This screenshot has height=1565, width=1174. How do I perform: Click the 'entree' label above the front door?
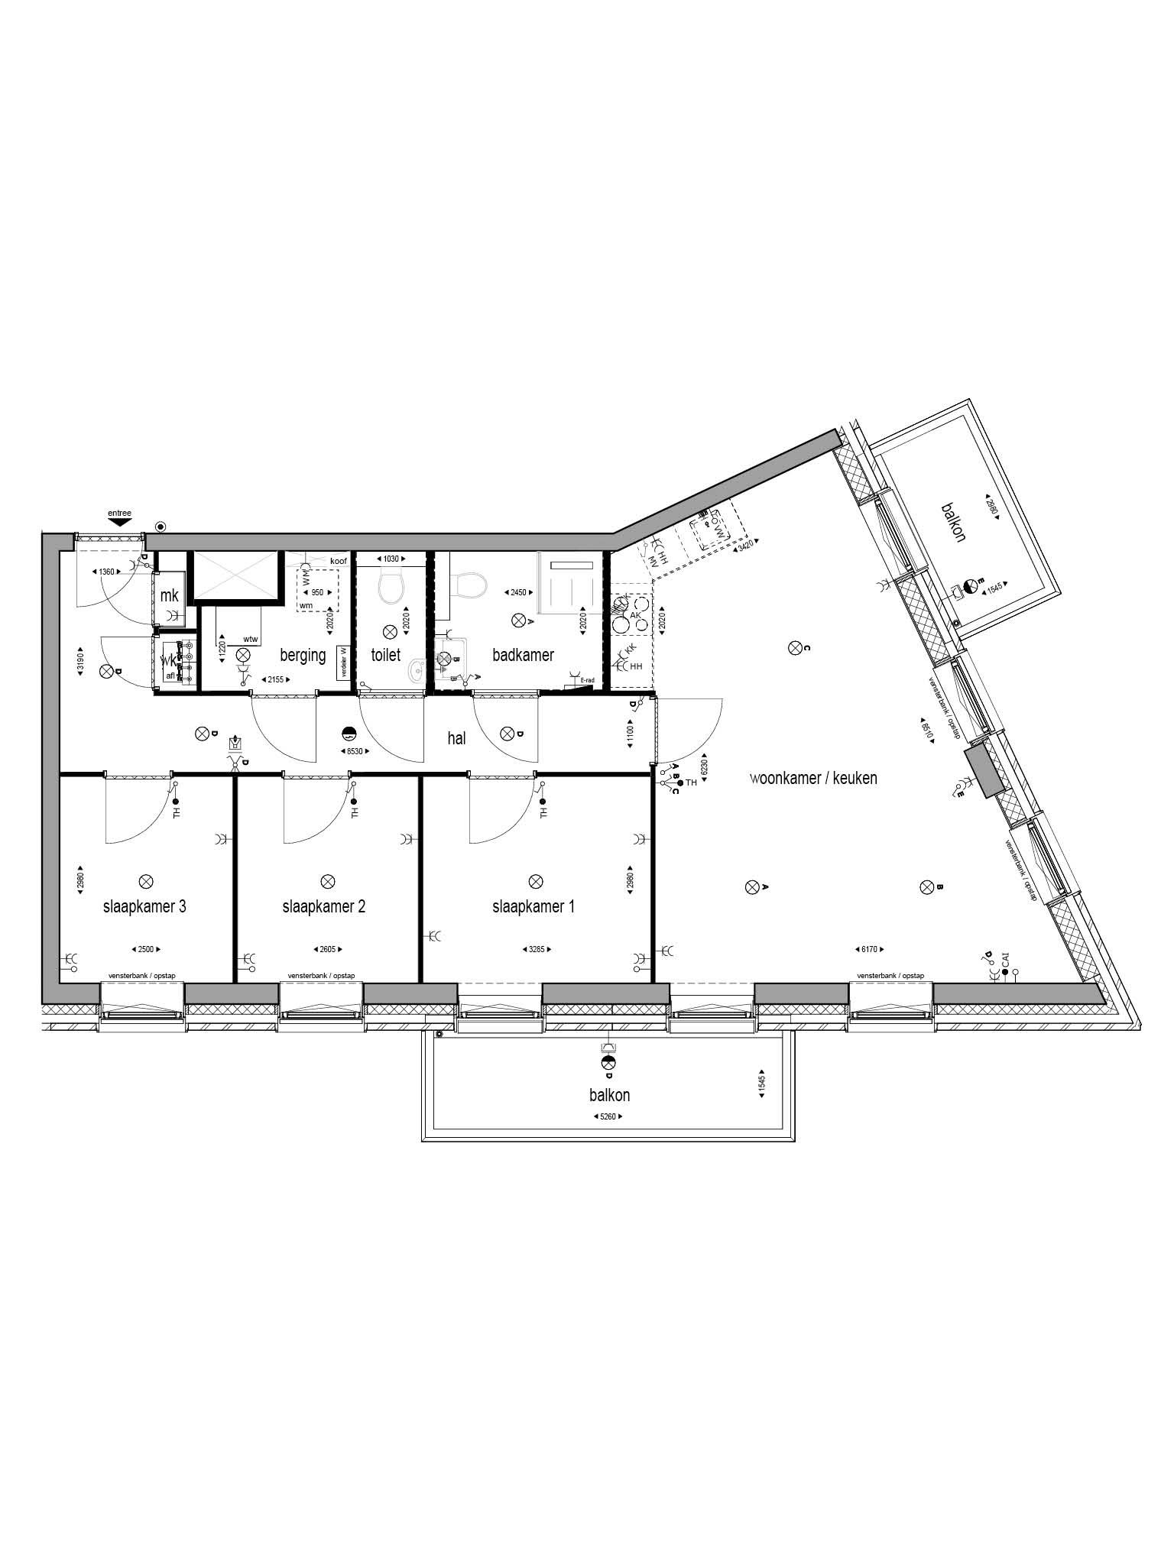tap(120, 513)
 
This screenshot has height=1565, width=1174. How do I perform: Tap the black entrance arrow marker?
tap(120, 522)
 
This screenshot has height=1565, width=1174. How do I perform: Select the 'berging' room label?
tap(303, 655)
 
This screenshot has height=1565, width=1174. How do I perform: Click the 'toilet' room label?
tap(385, 655)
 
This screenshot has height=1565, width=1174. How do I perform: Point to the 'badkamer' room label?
tap(523, 655)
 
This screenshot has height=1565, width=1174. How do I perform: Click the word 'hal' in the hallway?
tap(456, 738)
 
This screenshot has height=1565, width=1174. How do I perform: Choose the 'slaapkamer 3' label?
tap(144, 906)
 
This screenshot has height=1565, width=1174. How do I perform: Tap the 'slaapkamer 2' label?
tap(324, 906)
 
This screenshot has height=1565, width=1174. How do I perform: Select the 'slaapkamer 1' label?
tap(533, 906)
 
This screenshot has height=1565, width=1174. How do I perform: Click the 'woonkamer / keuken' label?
tap(813, 778)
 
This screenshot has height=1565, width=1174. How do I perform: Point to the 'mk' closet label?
tap(169, 596)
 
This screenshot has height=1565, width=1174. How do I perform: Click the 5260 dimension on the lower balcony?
tap(608, 1116)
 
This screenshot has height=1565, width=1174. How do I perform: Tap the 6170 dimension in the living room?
tap(869, 950)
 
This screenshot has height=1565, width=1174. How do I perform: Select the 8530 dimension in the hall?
tap(355, 751)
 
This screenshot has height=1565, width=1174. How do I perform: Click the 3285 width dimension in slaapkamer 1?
tap(537, 950)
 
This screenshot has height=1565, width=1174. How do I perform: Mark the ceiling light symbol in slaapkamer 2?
tap(327, 881)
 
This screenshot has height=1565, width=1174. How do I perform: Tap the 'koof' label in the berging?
tap(339, 561)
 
